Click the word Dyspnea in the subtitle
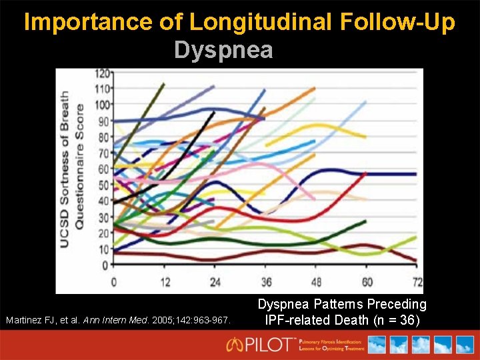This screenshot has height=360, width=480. click(x=223, y=51)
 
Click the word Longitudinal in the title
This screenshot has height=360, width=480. click(x=259, y=22)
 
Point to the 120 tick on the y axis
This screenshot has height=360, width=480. click(x=103, y=73)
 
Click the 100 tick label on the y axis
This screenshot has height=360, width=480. click(x=103, y=105)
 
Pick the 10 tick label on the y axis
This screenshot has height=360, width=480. click(x=105, y=249)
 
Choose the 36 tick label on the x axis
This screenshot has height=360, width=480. click(x=265, y=282)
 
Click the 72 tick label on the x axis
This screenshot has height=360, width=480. click(x=418, y=282)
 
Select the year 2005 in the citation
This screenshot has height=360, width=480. click(x=164, y=321)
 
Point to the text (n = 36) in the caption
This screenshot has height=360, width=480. click(x=396, y=320)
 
